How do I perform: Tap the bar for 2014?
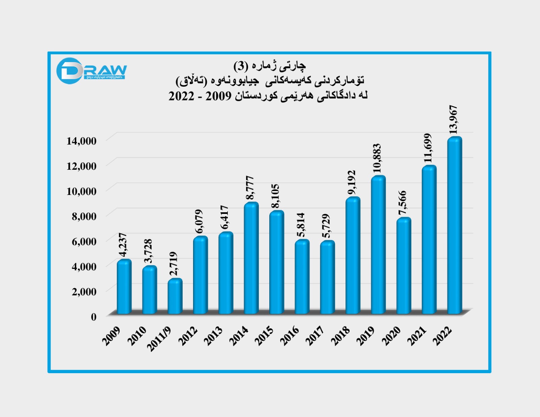[x=251, y=258]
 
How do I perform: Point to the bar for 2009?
[x=124, y=286]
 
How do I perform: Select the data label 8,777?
[x=250, y=188]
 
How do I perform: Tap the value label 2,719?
[x=173, y=264]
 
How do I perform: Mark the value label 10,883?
[x=377, y=158]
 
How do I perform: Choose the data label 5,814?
[x=301, y=225]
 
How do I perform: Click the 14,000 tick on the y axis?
[x=81, y=141]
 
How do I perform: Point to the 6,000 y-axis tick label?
[x=84, y=241]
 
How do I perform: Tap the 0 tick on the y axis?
[x=93, y=317]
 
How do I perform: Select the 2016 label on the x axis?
[x=290, y=336]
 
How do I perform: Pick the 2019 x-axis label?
[x=366, y=336]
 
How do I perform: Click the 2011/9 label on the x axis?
[x=159, y=339]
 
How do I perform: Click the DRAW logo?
[x=91, y=71]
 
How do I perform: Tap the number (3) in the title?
[x=241, y=66]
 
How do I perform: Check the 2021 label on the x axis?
[x=416, y=336]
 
